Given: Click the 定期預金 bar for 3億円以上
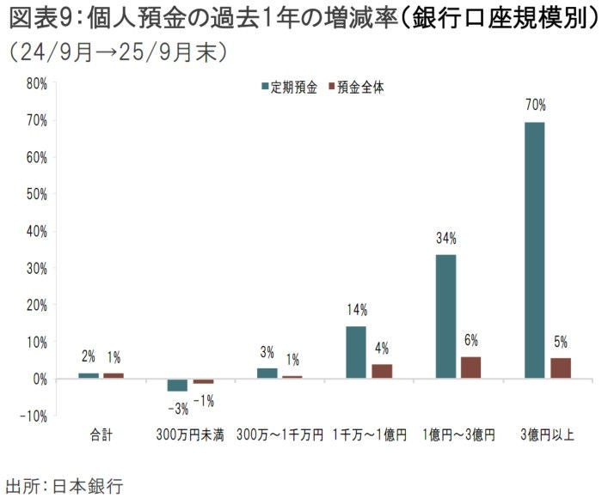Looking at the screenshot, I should [534, 250].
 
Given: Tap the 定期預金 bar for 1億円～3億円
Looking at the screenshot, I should [445, 316].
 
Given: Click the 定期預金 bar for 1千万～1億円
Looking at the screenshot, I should [355, 352].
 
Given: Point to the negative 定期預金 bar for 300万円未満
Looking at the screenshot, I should [177, 385].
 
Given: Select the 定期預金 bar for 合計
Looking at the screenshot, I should [89, 375].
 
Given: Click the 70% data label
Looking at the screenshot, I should [535, 105].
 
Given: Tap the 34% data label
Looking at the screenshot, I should [445, 238].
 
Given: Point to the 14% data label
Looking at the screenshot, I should [357, 310].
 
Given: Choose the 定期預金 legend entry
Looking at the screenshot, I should [289, 87].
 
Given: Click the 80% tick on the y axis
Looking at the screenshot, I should [35, 83].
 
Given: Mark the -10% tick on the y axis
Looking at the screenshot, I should [34, 416].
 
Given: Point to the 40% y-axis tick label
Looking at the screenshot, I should [35, 231].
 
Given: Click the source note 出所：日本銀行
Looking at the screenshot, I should [64, 485].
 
